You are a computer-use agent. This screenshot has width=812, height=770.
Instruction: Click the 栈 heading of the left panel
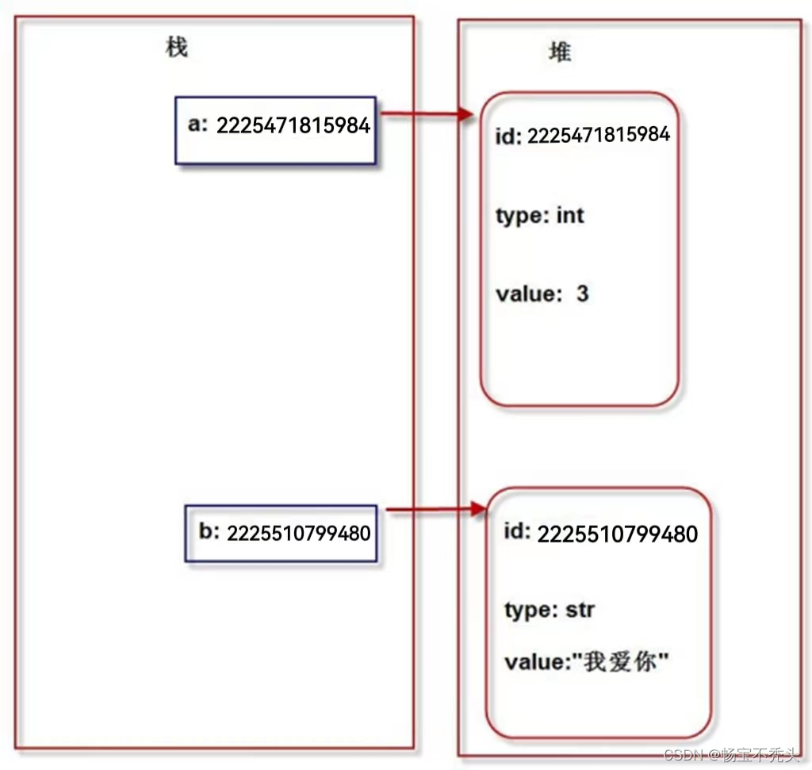tap(176, 48)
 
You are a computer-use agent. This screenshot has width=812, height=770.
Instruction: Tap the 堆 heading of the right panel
tap(560, 52)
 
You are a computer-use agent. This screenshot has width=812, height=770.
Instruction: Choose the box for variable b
tap(281, 532)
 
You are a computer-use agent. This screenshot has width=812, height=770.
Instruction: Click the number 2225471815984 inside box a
tap(293, 125)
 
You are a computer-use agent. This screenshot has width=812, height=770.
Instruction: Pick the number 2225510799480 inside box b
tap(299, 533)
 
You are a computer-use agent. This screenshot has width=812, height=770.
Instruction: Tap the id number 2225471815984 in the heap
tap(599, 135)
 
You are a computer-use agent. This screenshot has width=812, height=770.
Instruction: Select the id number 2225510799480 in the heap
tap(618, 534)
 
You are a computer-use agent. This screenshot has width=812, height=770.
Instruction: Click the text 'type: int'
tap(539, 215)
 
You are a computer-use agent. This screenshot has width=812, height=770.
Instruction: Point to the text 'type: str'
tap(550, 610)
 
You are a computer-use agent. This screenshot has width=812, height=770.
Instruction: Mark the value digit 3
tap(583, 293)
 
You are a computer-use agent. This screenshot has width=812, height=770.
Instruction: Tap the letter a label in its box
tap(194, 125)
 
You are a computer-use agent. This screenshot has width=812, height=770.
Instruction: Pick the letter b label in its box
tap(208, 531)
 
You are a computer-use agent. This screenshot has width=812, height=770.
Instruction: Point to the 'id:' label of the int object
tap(508, 136)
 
